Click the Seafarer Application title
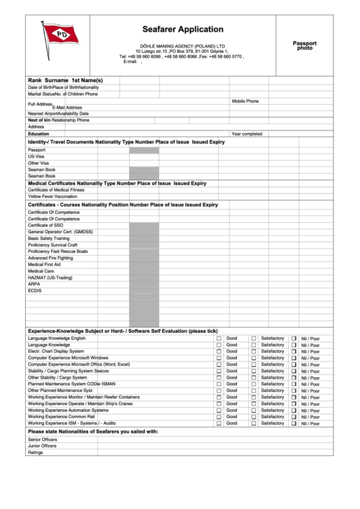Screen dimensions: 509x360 (183, 29)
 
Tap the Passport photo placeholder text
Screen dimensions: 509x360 (304, 46)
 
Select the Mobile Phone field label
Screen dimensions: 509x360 (245, 101)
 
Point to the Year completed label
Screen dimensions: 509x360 (247, 134)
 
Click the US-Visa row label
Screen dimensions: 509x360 (35, 156)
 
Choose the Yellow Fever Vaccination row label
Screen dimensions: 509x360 (52, 196)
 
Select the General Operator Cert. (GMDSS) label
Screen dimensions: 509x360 (60, 232)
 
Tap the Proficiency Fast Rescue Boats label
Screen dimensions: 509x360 (58, 251)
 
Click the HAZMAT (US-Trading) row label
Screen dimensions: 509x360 (50, 277)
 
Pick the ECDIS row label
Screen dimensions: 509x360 (35, 290)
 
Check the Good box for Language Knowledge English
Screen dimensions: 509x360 (219, 338)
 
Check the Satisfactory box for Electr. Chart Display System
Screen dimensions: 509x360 (253, 351)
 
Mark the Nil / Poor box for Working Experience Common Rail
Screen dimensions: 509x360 (294, 417)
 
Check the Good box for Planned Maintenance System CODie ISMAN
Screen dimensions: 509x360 (219, 385)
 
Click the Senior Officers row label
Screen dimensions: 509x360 (42, 440)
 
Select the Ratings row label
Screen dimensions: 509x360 (35, 453)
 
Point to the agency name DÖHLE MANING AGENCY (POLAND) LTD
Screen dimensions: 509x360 (182, 46)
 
